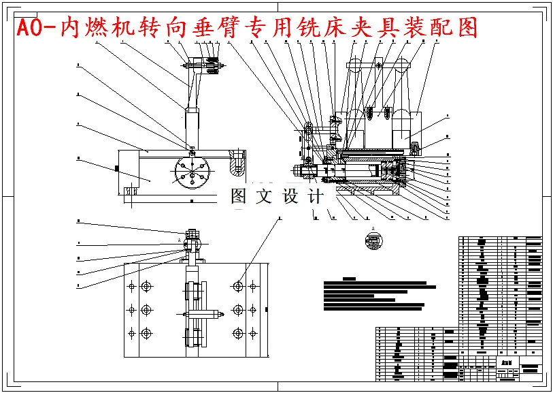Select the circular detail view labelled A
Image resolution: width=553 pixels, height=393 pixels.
point(373,242)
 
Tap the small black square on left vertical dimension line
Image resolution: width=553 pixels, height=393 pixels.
point(118,168)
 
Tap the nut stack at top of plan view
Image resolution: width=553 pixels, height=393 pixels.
point(193,238)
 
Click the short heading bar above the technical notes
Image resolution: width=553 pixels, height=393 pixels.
point(350,279)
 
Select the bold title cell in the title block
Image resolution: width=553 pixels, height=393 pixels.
point(507,363)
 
